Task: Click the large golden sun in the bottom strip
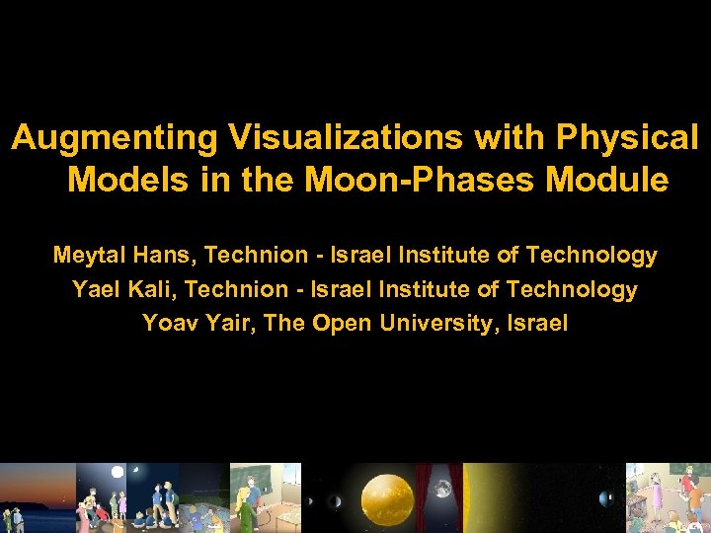pyautogui.click(x=387, y=498)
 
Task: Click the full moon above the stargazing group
pyautogui.click(x=118, y=472)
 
